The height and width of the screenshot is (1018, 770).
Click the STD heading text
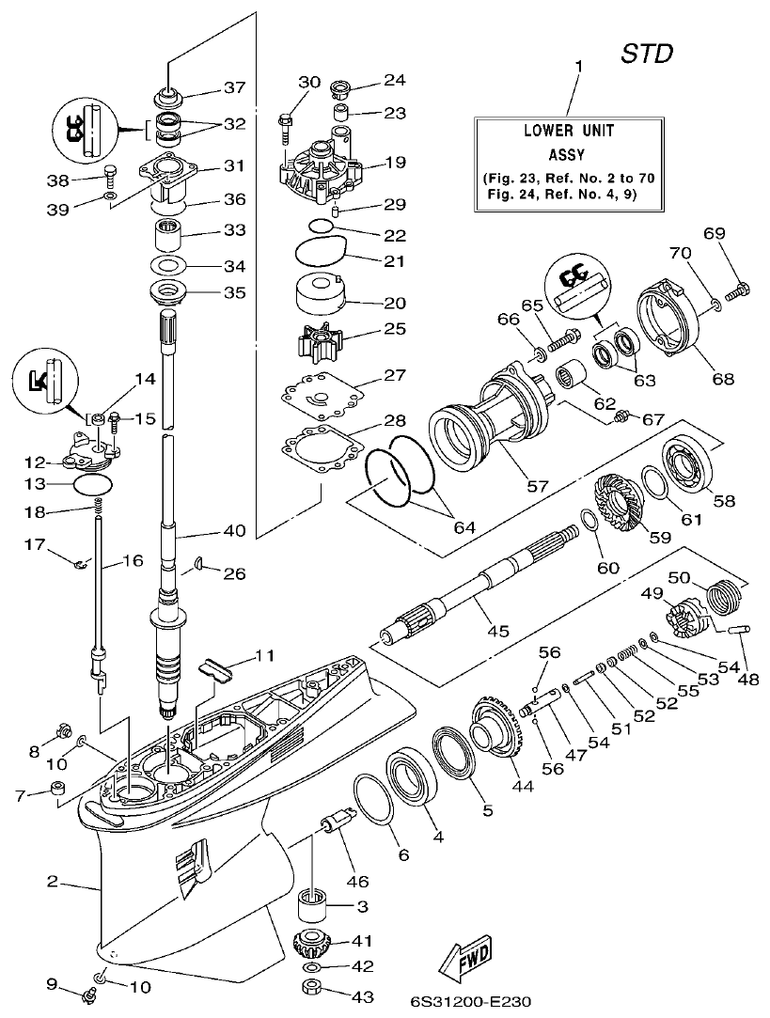648,55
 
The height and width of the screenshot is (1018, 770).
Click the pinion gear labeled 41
311,942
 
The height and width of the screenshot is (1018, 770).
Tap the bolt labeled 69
739,286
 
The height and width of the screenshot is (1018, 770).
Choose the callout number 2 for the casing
54,882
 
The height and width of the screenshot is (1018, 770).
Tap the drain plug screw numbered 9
89,991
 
